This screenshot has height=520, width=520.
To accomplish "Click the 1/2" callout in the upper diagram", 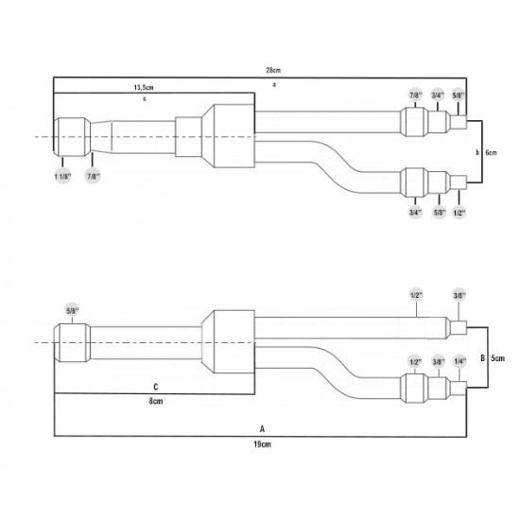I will pos(459,214).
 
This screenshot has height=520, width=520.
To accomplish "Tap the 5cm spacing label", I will pos(499,357).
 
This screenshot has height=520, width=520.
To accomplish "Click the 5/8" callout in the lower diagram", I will pos(71,307).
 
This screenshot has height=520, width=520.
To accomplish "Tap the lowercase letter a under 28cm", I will pos(273,83).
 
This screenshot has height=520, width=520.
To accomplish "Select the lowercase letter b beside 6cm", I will pos(475,152).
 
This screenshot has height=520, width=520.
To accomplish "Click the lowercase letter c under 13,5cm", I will pos(144,98).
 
